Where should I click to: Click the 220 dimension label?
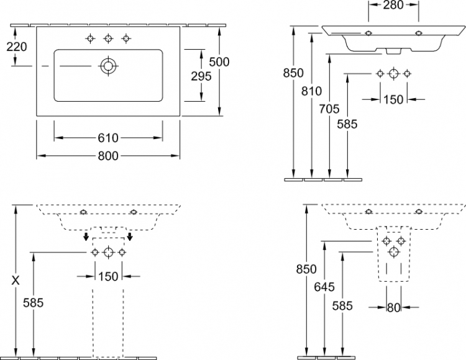coord(17,47)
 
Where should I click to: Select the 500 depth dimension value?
coord(219,62)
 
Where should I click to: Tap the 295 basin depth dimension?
coord(201,76)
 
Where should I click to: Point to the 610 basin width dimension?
coord(108,138)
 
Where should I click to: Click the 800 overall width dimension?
coord(108,156)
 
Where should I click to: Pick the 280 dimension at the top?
coord(393,5)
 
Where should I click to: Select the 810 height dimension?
coord(311,91)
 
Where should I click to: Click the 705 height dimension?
coord(329,109)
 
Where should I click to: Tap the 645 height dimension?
coord(324,287)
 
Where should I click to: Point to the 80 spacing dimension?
coord(393,308)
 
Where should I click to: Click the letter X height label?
coord(16,280)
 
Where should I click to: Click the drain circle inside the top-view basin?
coord(108,66)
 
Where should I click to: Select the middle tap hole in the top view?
coord(108,38)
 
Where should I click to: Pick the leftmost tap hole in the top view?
coord(90,38)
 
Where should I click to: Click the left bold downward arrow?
coord(86,236)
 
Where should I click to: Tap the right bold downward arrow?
coord(130,236)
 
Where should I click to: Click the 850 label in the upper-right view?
coord(293,73)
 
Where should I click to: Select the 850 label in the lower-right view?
coord(306,269)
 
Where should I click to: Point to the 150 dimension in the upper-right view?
coord(393,99)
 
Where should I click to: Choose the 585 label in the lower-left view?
coord(34,303)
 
